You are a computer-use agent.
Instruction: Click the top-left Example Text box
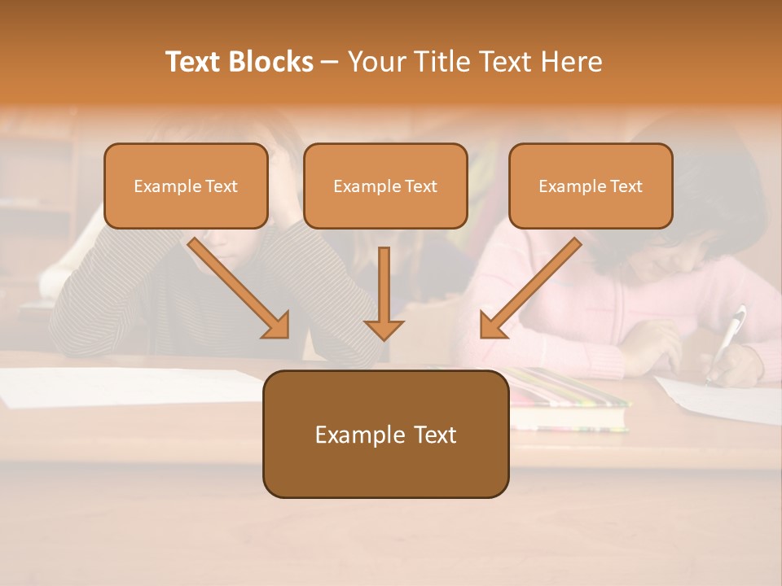pos(186,186)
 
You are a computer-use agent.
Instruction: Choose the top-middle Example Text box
pos(385,186)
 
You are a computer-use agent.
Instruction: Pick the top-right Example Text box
pos(591,186)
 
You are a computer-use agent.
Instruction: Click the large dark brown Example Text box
pos(385,435)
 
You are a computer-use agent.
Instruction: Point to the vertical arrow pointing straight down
pos(384,293)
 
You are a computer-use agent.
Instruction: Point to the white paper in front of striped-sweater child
pos(122,387)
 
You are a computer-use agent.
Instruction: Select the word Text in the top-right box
pos(626,186)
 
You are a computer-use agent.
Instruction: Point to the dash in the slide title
pos(330,62)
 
